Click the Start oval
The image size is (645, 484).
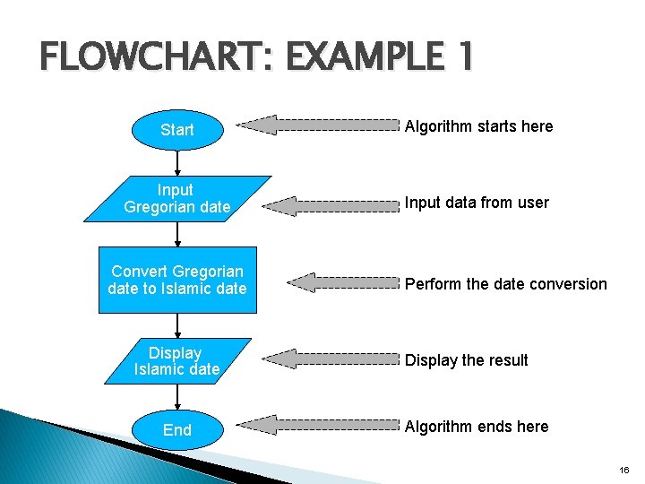(x=177, y=130)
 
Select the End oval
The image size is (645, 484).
(x=177, y=430)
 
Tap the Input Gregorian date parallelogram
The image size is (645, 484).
(x=177, y=198)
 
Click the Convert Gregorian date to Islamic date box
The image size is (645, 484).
(x=177, y=280)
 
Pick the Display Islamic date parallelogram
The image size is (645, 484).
(x=176, y=361)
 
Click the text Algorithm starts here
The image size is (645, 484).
(x=478, y=126)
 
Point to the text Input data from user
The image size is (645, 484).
(x=477, y=203)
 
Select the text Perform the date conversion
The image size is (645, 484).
(x=505, y=284)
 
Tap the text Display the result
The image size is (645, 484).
(x=466, y=360)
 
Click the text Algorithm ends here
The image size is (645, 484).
(x=477, y=427)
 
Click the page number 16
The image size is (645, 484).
(x=624, y=469)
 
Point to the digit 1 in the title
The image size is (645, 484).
(x=463, y=59)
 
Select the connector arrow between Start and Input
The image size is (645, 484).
(x=177, y=162)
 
